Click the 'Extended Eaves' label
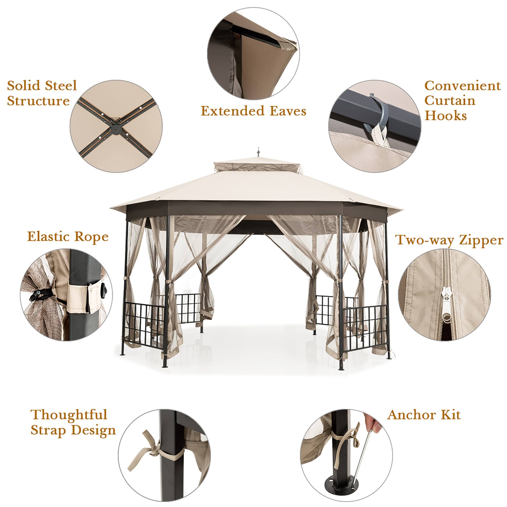[x=253, y=111]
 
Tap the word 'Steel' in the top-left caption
[x=61, y=86]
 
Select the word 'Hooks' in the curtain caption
[x=446, y=116]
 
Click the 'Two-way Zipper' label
[x=449, y=240]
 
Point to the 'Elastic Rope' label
[x=68, y=237]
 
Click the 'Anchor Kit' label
[x=424, y=415]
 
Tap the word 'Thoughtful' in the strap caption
[x=69, y=415]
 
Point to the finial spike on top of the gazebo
[x=259, y=152]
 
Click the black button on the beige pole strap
[x=105, y=291]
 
